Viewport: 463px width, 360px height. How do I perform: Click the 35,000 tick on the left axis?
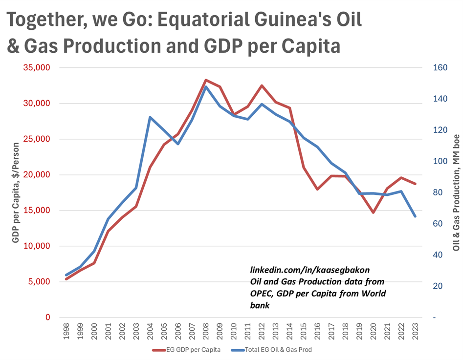pos(37,68)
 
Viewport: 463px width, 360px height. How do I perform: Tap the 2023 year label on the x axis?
pos(415,331)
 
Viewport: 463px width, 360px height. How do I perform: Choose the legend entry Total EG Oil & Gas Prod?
pos(272,350)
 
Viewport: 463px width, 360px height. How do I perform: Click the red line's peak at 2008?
pos(206,80)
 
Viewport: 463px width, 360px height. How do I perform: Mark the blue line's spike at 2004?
pos(150,117)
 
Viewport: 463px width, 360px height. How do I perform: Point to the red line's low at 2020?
pos(374,212)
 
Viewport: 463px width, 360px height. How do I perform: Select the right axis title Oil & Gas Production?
pos(456,192)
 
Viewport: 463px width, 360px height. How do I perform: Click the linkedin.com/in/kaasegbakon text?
pos(310,270)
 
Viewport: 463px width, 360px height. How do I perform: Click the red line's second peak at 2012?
pos(262,85)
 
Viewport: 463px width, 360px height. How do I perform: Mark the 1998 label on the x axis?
pos(66,331)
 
